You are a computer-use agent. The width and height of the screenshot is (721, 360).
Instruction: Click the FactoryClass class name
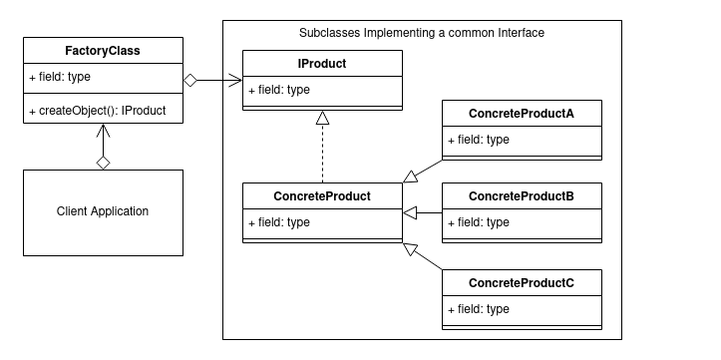point(103,49)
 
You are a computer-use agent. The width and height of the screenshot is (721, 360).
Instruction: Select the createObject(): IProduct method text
point(97,110)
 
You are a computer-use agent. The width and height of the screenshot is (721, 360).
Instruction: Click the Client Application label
point(103,211)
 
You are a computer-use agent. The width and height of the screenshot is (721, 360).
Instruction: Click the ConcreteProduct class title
point(322,195)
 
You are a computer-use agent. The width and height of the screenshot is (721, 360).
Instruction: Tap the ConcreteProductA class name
point(522,113)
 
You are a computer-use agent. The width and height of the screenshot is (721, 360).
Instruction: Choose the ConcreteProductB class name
point(522,195)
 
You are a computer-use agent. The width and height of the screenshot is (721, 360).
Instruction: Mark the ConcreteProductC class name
point(522,283)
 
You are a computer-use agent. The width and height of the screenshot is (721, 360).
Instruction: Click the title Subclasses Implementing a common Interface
point(422,33)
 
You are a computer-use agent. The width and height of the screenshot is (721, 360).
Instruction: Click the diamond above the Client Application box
point(102,162)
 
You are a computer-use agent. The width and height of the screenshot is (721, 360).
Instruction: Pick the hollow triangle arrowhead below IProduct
point(321,119)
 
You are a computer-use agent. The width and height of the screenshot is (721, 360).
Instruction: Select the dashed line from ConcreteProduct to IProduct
point(321,155)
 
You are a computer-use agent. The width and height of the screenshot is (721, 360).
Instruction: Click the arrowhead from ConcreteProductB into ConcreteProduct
point(409,212)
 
